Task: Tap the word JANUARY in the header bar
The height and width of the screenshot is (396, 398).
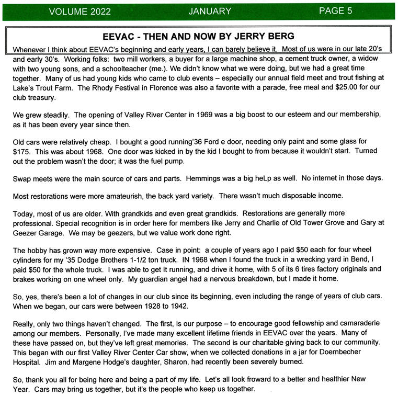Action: point(210,11)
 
